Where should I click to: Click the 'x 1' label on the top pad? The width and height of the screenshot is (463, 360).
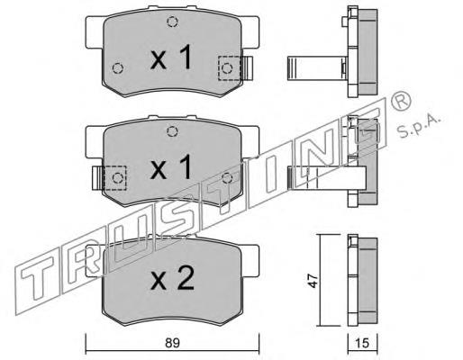170,59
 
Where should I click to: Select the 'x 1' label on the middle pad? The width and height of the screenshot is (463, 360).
170,167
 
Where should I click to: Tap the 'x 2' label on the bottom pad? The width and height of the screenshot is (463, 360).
170,279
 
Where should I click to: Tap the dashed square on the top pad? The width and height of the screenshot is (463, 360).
230,67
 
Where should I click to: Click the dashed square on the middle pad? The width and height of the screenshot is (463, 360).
114,177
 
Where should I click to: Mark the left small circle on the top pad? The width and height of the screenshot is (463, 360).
116,67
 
